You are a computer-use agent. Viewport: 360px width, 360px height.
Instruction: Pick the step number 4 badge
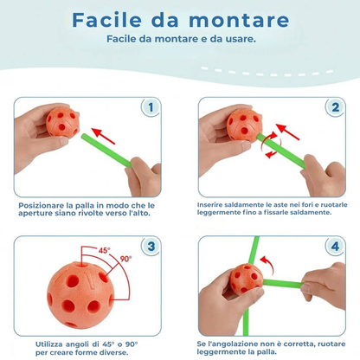pyautogui.click(x=332, y=245)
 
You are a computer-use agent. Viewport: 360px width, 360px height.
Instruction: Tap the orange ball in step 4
pyautogui.click(x=247, y=277)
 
